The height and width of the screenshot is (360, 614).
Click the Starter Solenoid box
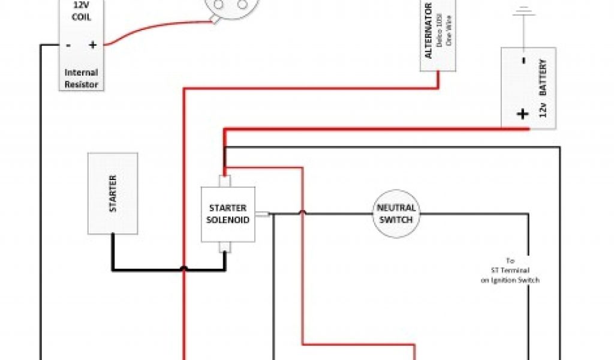[x=227, y=214]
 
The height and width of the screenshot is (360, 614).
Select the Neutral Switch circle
[x=395, y=214]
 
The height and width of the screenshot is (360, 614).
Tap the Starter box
[x=113, y=193]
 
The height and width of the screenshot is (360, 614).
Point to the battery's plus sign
[x=523, y=114]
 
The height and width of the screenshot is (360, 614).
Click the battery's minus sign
[x=523, y=61]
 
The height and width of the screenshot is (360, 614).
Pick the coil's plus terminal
[x=92, y=44]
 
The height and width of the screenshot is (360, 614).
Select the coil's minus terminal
[x=68, y=44]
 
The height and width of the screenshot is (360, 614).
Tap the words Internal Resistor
[x=81, y=79]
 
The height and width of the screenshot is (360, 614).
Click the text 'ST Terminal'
[x=510, y=271]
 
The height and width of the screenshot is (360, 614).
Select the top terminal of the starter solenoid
[x=224, y=181]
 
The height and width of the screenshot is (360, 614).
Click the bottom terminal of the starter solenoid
[x=224, y=247]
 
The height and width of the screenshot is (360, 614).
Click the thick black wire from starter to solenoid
[x=150, y=269]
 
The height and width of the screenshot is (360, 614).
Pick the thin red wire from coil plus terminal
[x=156, y=28]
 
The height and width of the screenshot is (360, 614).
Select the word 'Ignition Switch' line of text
[x=510, y=280]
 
